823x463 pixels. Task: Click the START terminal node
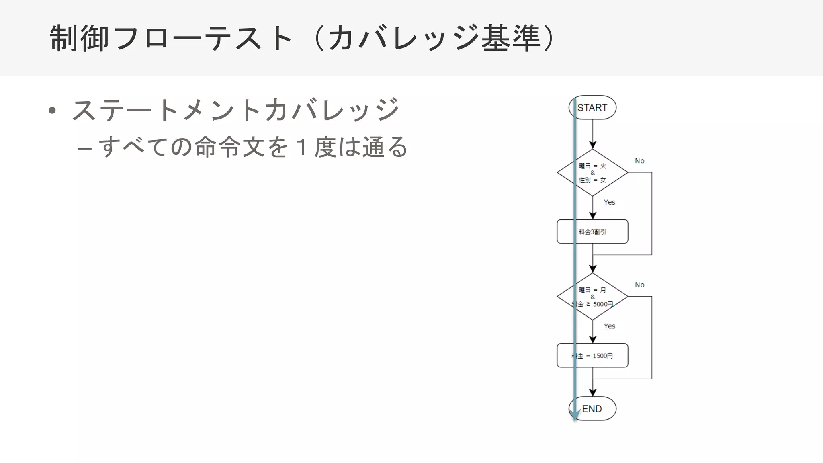tap(592, 108)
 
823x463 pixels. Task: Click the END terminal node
tap(592, 409)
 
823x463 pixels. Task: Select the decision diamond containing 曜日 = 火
tap(592, 172)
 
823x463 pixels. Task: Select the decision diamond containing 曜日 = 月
tap(592, 297)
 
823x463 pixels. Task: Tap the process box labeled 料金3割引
tap(592, 231)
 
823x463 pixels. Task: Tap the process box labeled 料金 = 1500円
tap(592, 356)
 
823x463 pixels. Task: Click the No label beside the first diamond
tap(639, 161)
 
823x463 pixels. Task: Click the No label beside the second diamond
tap(639, 285)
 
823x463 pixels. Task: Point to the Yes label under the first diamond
tap(609, 202)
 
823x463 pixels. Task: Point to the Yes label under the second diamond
tap(609, 326)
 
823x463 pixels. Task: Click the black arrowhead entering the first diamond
tap(593, 145)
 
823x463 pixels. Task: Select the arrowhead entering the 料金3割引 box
tap(593, 216)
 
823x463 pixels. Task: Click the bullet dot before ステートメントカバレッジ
tap(52, 111)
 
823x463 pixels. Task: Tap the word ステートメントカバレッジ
tap(235, 110)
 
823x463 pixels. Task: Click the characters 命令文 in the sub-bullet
tap(229, 147)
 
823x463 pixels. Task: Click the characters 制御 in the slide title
tap(79, 38)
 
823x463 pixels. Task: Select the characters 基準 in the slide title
tap(511, 38)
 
